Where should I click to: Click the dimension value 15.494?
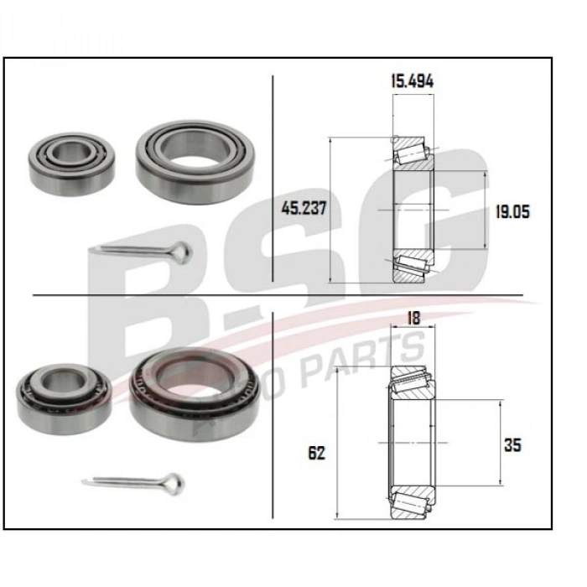[x=412, y=81]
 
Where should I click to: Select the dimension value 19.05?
[x=512, y=212]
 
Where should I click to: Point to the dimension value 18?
[x=412, y=319]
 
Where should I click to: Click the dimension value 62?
[x=316, y=453]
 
